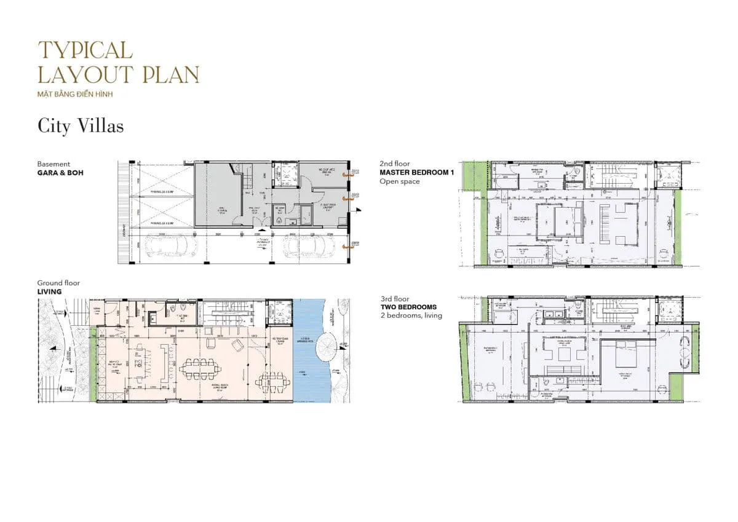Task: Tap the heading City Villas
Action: point(81,127)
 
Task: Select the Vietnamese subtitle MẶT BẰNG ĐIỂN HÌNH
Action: point(75,94)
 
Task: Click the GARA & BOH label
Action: point(60,173)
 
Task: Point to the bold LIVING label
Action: point(49,291)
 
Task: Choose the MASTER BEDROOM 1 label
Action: point(416,173)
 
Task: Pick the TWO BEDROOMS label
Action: point(408,307)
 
